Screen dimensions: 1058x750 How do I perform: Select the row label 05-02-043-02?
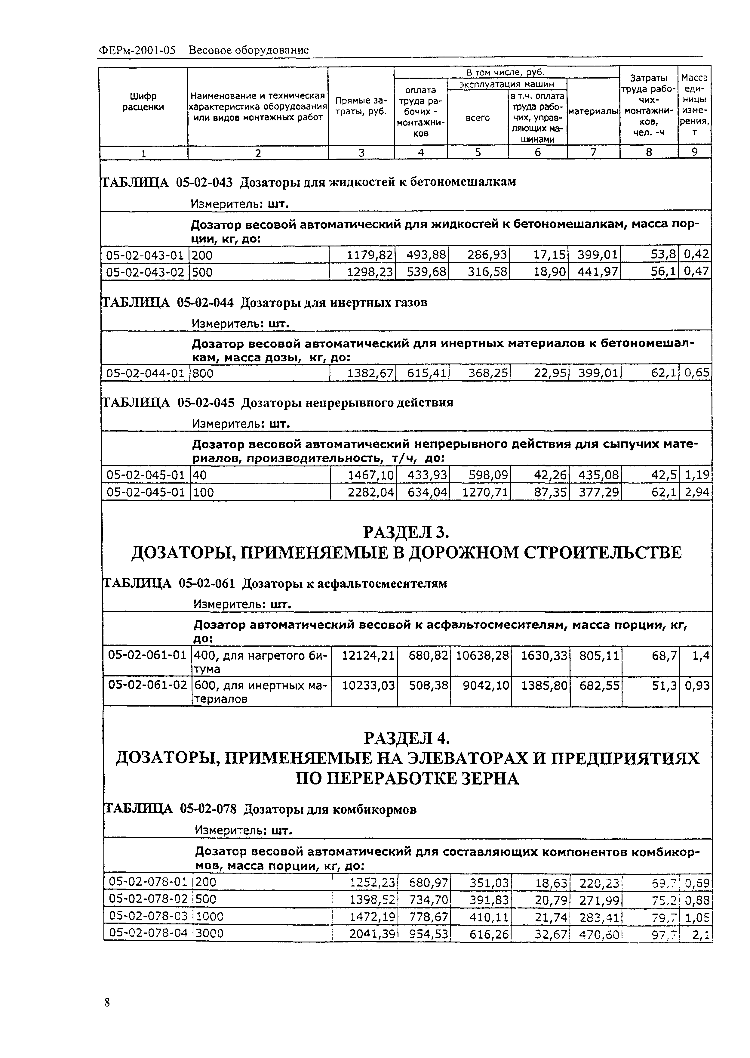145,272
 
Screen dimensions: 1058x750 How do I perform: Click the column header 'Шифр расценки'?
143,102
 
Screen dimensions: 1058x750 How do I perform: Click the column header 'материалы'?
593,112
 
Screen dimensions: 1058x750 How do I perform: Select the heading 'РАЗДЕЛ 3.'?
406,532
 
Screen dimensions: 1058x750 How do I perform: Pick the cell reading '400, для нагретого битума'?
260,662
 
